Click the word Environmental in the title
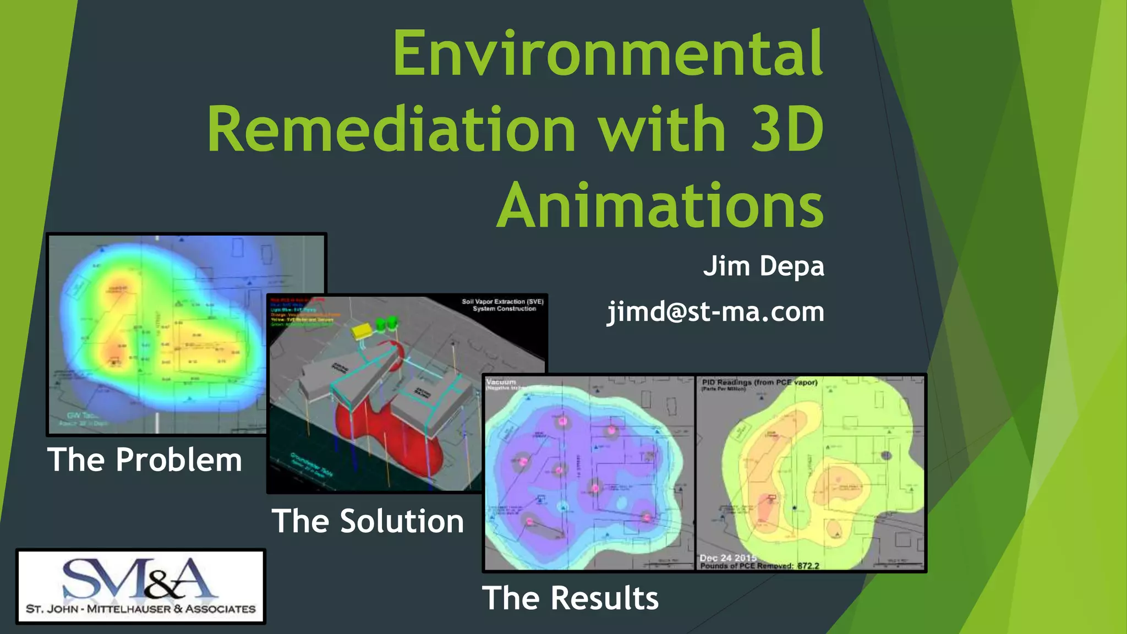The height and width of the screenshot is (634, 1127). [608, 54]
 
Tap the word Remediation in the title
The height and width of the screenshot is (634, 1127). [391, 130]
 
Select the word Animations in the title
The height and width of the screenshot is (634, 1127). [660, 206]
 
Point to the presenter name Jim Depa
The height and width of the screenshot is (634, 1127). [763, 266]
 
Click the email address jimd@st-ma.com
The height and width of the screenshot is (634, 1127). [715, 312]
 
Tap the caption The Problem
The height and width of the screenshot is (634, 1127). [144, 460]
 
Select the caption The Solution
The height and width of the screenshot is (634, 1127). [368, 521]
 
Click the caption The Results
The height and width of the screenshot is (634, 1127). [570, 598]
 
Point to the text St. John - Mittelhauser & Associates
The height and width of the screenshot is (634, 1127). [141, 609]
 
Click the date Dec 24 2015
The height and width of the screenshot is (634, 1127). [727, 558]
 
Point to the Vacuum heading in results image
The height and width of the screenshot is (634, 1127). [501, 381]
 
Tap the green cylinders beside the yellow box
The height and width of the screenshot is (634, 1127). [386, 324]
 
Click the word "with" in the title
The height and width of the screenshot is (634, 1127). [662, 130]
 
